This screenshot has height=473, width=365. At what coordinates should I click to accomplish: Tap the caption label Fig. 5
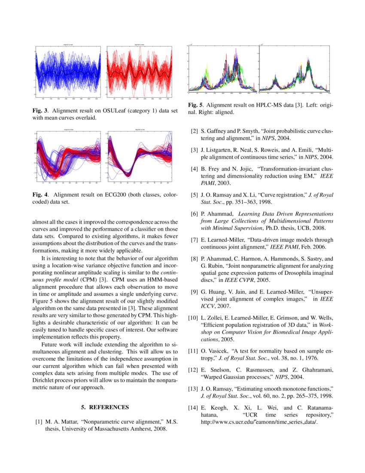point(195,105)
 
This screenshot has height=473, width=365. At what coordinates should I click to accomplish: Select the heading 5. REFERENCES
point(105,407)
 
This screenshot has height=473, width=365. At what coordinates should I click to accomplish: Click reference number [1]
point(39,422)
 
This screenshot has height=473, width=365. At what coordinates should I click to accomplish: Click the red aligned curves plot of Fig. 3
point(138,72)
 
